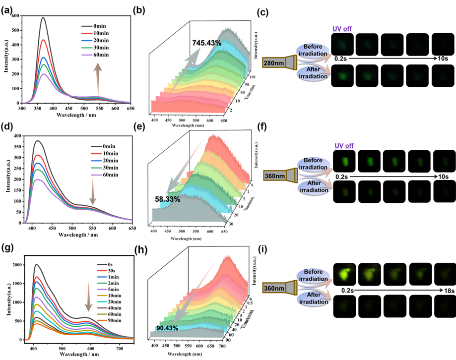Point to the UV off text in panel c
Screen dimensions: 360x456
(x=342, y=29)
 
